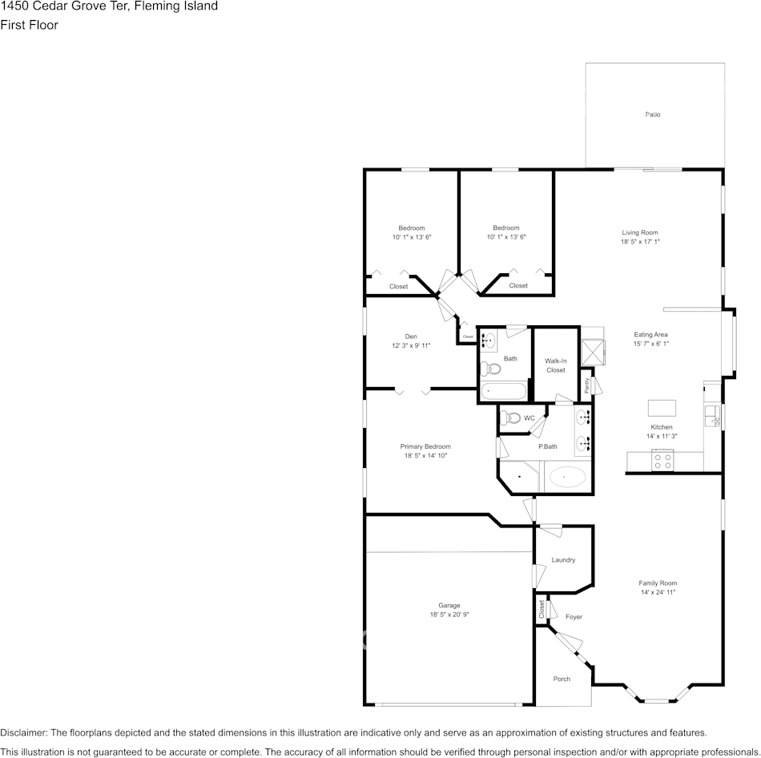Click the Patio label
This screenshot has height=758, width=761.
pos(653,115)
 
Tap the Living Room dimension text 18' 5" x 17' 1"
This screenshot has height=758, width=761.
pos(639,241)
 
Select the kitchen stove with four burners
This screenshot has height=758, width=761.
pos(662,460)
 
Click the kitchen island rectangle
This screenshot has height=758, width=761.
pos(662,406)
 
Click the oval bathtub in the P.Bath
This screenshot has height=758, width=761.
pos(568,478)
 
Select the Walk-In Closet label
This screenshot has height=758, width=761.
pos(556,365)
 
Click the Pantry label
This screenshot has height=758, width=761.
pos(586,385)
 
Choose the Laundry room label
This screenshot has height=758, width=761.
pos(563,560)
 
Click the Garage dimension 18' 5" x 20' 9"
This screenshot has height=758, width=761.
pos(449,615)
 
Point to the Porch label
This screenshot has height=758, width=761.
pos(562,679)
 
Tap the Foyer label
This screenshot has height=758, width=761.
pos(574,617)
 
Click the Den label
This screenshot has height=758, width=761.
pos(410,337)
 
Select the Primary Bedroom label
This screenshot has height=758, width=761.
pos(425,446)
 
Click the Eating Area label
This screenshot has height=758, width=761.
pos(650,335)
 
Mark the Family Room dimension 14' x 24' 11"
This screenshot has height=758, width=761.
pos(658,592)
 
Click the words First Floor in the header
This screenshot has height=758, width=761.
pos(30,25)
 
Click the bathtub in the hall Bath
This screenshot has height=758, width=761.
pos(503,393)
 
